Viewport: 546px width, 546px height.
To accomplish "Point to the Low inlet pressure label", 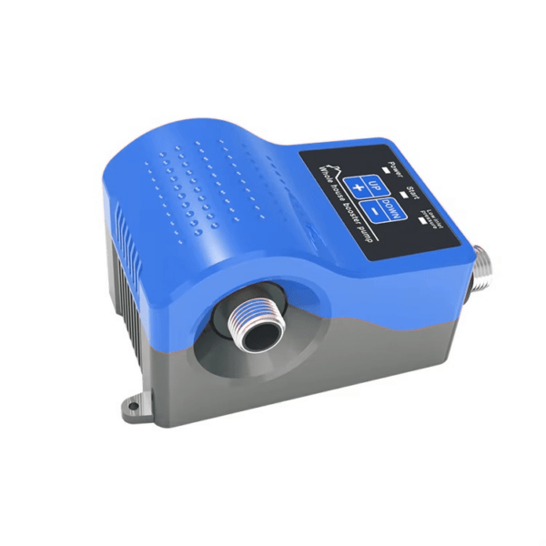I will pos(435,216).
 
